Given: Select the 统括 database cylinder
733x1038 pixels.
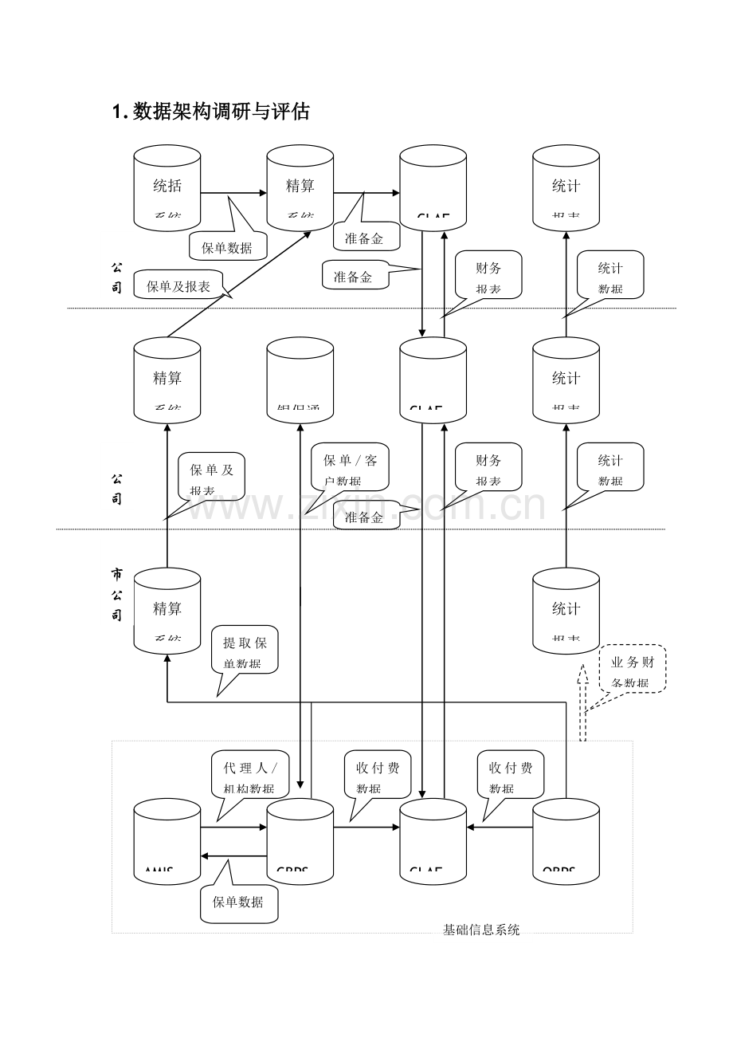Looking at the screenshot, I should pyautogui.click(x=167, y=188).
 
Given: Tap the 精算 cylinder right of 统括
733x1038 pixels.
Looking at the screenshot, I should pyautogui.click(x=300, y=188).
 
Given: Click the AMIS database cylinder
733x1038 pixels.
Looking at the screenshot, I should pyautogui.click(x=167, y=840).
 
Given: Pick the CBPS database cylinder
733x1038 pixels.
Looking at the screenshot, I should pyautogui.click(x=300, y=840).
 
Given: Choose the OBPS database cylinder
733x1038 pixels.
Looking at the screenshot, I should pyautogui.click(x=566, y=840).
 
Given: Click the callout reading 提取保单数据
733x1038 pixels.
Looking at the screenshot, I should pyautogui.click(x=245, y=651).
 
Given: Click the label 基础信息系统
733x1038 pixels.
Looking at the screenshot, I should pyautogui.click(x=481, y=930).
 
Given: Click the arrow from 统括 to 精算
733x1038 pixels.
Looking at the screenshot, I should pyautogui.click(x=233, y=192).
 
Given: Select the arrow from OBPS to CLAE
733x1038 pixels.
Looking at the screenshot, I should pyautogui.click(x=500, y=828).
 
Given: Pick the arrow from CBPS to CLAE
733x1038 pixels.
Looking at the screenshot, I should pyautogui.click(x=366, y=828).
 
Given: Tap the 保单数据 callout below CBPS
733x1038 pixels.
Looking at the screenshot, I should pyautogui.click(x=238, y=903).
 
